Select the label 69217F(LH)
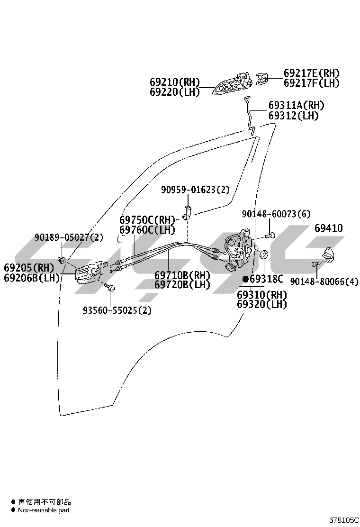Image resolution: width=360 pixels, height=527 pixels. pos(312,83)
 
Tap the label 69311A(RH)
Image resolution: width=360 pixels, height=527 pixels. pos(297,105)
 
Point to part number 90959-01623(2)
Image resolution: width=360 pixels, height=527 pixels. pos(195,190)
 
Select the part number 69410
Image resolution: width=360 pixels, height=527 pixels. pos(329,228)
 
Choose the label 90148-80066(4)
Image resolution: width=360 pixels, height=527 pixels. pos(324,282)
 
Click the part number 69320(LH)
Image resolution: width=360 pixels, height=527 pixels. pos(262,304)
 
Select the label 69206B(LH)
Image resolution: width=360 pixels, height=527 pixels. pos(32,278)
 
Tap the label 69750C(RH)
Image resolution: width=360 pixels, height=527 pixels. pos(147,220)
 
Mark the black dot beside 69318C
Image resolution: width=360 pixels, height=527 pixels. pos(245,279)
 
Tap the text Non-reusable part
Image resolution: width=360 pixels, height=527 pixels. pos(44,510)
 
